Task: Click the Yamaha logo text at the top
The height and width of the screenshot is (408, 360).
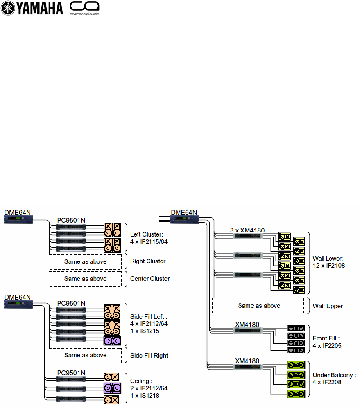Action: (39, 8)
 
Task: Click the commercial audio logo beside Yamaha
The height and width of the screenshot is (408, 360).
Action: (85, 8)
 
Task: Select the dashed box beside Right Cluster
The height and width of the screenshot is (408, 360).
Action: (85, 261)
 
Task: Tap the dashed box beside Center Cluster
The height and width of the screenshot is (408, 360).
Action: (85, 279)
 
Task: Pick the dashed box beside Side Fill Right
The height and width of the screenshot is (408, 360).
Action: (85, 355)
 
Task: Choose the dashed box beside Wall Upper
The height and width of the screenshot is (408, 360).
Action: (258, 306)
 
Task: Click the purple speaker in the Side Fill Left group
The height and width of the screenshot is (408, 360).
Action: (112, 340)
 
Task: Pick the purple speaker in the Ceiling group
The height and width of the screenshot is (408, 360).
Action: (112, 388)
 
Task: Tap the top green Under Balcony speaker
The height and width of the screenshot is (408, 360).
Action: (296, 364)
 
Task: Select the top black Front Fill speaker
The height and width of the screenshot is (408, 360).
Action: (296, 329)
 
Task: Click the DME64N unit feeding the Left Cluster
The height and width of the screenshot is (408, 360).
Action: (18, 220)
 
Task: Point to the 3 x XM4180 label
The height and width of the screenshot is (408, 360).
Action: (247, 230)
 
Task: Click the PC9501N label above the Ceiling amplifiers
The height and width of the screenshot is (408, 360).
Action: (71, 372)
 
